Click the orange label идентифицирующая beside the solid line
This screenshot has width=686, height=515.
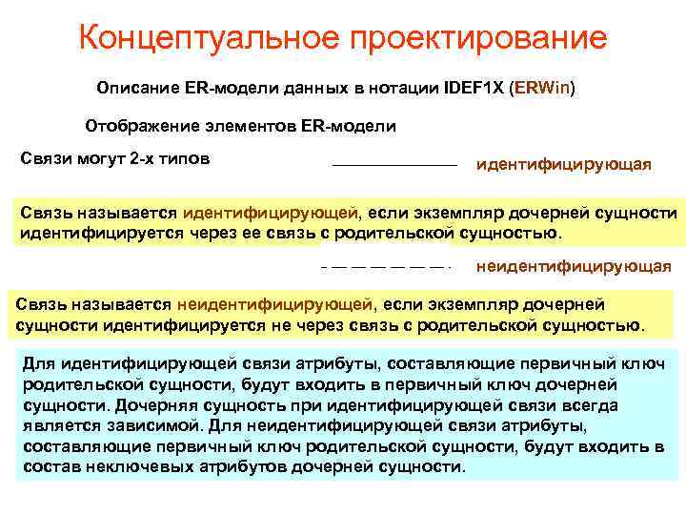click(x=563, y=165)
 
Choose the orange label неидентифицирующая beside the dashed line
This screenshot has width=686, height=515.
click(x=573, y=266)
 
